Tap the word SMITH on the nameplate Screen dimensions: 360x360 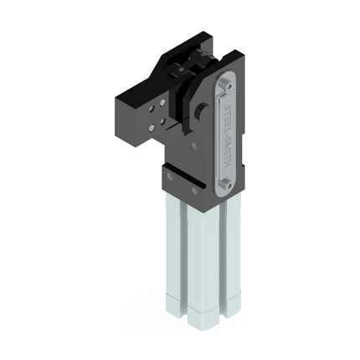pyautogui.click(x=227, y=152)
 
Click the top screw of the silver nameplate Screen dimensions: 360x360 pyautogui.click(x=229, y=85)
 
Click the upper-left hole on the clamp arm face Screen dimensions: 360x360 pyautogui.click(x=152, y=110)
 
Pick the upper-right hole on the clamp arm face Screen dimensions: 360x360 pyautogui.click(x=162, y=103)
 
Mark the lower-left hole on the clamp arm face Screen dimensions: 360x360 pyautogui.click(x=152, y=128)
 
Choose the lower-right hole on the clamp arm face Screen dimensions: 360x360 pyautogui.click(x=162, y=121)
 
